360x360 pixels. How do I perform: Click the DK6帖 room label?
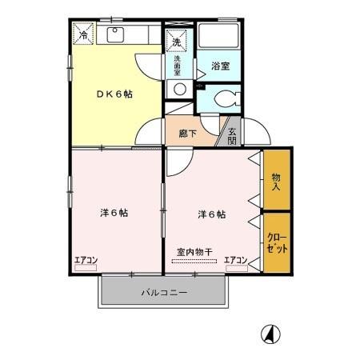pyautogui.click(x=116, y=94)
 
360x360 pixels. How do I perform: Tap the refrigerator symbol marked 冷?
pyautogui.click(x=84, y=34)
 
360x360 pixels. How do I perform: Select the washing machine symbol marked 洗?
pyautogui.click(x=176, y=38)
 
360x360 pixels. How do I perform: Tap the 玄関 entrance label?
pyautogui.click(x=231, y=136)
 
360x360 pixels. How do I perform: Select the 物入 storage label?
pyautogui.click(x=275, y=182)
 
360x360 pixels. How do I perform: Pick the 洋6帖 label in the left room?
pyautogui.click(x=114, y=213)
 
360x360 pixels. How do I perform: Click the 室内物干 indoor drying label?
pyautogui.click(x=194, y=252)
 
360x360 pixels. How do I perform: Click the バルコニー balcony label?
pyautogui.click(x=165, y=293)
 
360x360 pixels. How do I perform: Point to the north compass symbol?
pyautogui.click(x=272, y=332)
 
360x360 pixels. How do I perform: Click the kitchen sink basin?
pyautogui.click(x=114, y=35)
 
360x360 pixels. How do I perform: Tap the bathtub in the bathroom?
pyautogui.click(x=219, y=37)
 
